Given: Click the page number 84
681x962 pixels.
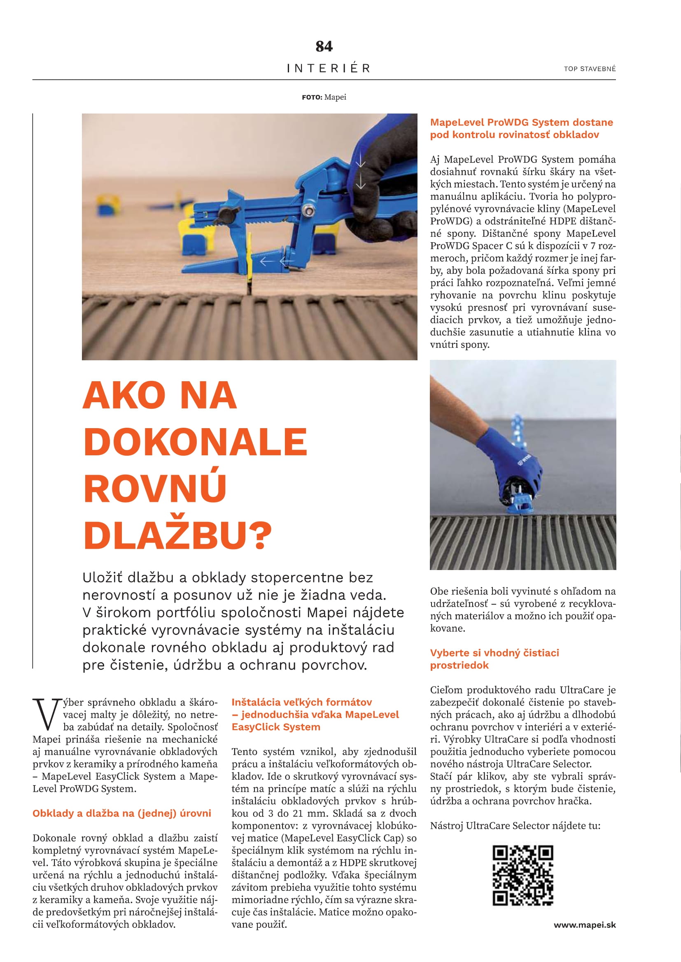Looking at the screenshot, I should pyautogui.click(x=324, y=46).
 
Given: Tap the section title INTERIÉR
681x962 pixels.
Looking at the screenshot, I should pyautogui.click(x=329, y=68).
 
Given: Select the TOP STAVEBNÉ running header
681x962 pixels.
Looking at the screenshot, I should pyautogui.click(x=590, y=69).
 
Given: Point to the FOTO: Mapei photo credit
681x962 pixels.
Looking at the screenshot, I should pyautogui.click(x=324, y=97).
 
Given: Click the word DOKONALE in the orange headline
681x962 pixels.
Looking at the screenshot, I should pyautogui.click(x=196, y=442).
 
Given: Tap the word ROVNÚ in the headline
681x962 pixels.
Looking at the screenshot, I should pyautogui.click(x=155, y=489).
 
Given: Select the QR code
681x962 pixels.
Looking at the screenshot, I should pyautogui.click(x=522, y=875).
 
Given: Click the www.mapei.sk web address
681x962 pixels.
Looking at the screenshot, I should pyautogui.click(x=585, y=925).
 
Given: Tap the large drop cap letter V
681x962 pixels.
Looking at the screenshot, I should pyautogui.click(x=44, y=715).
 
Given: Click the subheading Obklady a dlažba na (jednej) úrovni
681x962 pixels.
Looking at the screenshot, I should pyautogui.click(x=121, y=813).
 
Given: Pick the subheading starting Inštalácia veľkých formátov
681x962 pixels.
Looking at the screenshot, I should pyautogui.click(x=315, y=714).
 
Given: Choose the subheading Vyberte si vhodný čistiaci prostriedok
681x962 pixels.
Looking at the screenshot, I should pyautogui.click(x=494, y=658).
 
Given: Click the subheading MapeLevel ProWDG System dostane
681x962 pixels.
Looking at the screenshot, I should pyautogui.click(x=521, y=129).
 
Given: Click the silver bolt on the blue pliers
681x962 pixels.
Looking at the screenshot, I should pyautogui.click(x=310, y=208).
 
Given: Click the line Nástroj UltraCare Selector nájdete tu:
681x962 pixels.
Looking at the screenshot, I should pyautogui.click(x=515, y=826).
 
